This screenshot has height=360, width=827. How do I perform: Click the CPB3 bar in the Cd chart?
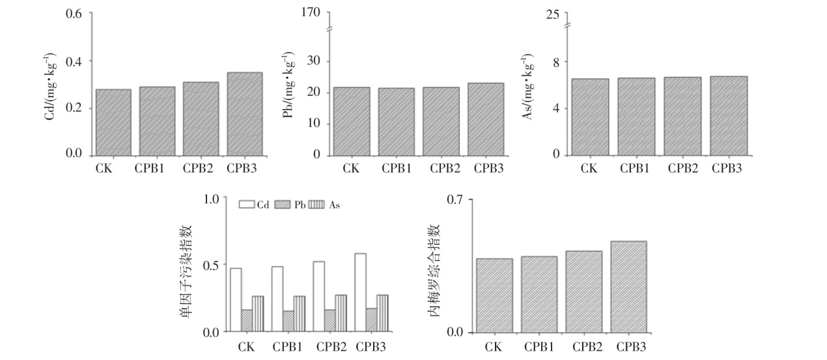[244, 113]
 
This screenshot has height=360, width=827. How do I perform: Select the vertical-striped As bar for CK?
[258, 314]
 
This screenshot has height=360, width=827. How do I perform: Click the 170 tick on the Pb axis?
[317, 14]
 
